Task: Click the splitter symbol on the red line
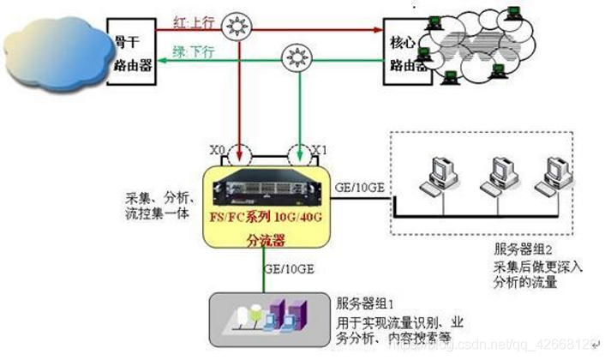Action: pos(236,27)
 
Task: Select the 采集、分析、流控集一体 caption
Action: pos(158,202)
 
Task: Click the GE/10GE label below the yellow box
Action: pos(288,268)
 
